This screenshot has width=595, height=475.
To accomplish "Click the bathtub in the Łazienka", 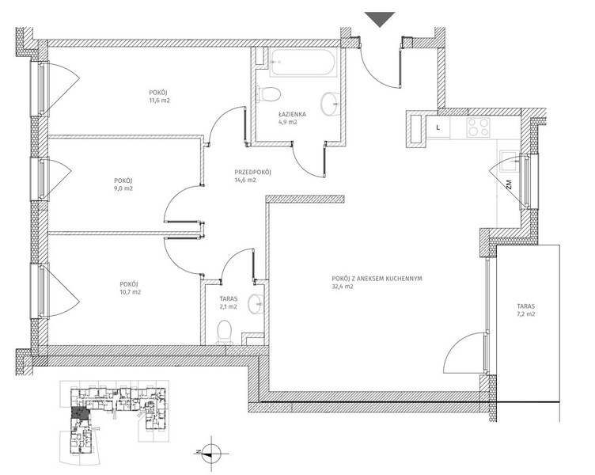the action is click(303, 63).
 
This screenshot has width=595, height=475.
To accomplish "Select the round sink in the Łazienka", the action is click(331, 104).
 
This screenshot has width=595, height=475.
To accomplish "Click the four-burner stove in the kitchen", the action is click(478, 127).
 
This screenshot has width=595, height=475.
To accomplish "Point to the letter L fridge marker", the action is click(438, 127).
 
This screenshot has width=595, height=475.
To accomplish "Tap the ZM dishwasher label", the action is click(509, 184).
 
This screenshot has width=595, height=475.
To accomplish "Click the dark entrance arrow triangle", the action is click(380, 19).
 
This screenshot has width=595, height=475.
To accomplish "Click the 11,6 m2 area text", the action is click(159, 101).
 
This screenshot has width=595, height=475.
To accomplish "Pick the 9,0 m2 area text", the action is click(123, 188).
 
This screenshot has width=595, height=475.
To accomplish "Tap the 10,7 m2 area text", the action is click(130, 292).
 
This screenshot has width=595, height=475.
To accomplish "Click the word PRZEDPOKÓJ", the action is click(252, 172).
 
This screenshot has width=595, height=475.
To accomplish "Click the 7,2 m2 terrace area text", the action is click(525, 314).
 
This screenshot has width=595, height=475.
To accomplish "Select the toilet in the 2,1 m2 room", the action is click(225, 332).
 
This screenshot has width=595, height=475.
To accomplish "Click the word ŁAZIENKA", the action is click(292, 114).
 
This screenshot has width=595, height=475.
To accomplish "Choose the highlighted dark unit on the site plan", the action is click(80, 412).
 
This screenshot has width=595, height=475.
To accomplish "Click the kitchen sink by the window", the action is click(510, 161).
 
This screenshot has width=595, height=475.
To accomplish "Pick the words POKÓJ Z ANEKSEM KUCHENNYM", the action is click(377, 279).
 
